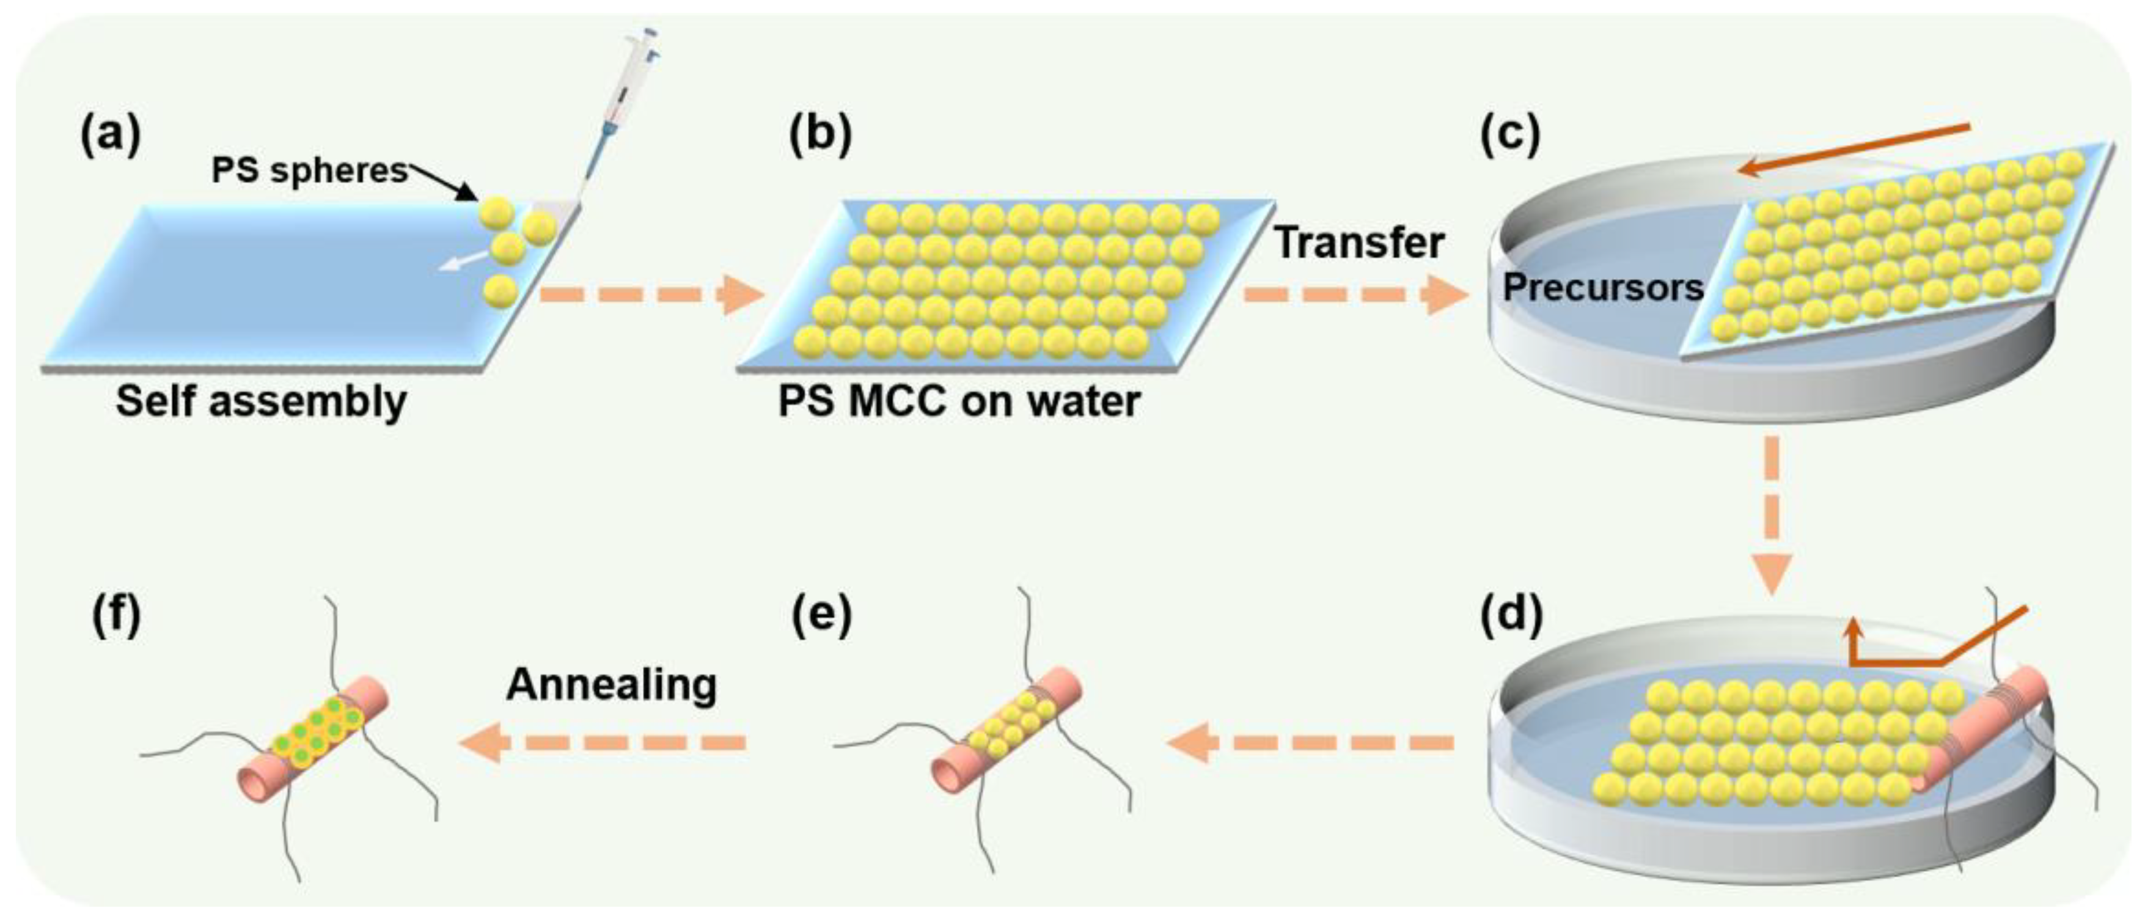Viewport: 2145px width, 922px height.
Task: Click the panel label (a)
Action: point(111,134)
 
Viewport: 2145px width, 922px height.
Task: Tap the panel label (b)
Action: point(820,134)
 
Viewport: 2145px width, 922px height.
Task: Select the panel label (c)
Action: point(1509,134)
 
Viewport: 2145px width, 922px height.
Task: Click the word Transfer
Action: point(1360,243)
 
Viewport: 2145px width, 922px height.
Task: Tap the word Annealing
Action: point(612,685)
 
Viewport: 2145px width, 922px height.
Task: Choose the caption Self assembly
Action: point(260,401)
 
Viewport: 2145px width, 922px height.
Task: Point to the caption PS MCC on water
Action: point(958,401)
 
